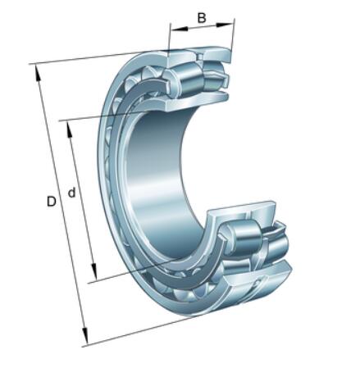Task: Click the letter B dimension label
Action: [x=202, y=18]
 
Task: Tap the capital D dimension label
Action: [x=51, y=202]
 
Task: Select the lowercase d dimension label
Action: [x=71, y=193]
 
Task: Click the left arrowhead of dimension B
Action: [x=179, y=29]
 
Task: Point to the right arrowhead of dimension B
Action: [x=226, y=25]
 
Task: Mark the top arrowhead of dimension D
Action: [x=37, y=73]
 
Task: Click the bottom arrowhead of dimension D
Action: [x=85, y=335]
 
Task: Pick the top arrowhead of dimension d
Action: [x=70, y=129]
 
